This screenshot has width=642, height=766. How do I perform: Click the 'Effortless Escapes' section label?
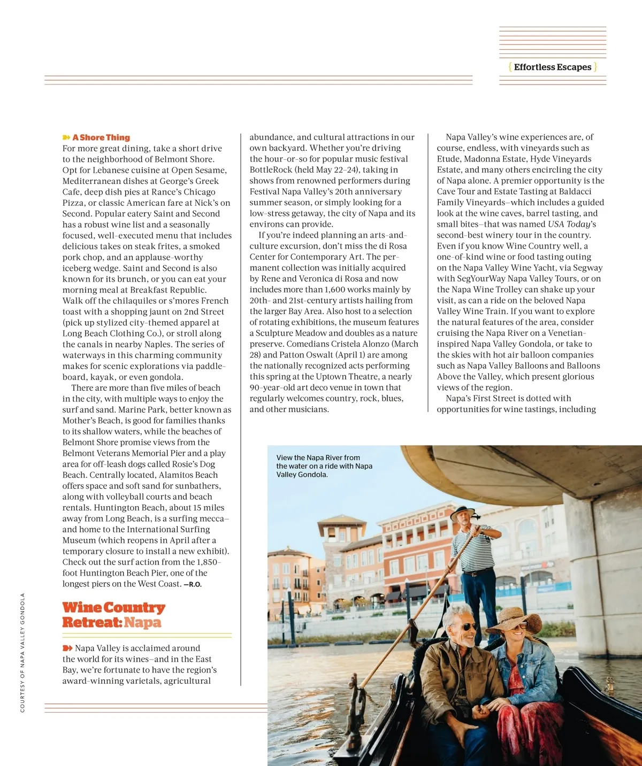pos(553,67)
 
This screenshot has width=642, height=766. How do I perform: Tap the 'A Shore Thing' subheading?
pos(101,137)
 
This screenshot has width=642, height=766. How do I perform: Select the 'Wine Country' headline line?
pos(114,608)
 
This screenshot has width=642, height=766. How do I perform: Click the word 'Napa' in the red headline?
pos(143,623)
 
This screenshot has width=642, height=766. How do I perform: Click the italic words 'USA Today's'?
pos(572,224)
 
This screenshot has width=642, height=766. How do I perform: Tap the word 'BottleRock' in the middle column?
pos(271,169)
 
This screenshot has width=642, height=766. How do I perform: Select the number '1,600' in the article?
pos(335,289)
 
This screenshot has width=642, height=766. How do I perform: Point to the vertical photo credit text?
pos(22,652)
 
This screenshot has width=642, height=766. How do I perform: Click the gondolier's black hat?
pos(462,513)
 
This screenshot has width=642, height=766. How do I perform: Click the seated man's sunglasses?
pos(465,626)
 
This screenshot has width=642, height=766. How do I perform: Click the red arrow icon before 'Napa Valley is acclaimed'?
pos(67,648)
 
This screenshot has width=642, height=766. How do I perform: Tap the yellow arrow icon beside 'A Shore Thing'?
pos(66,138)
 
